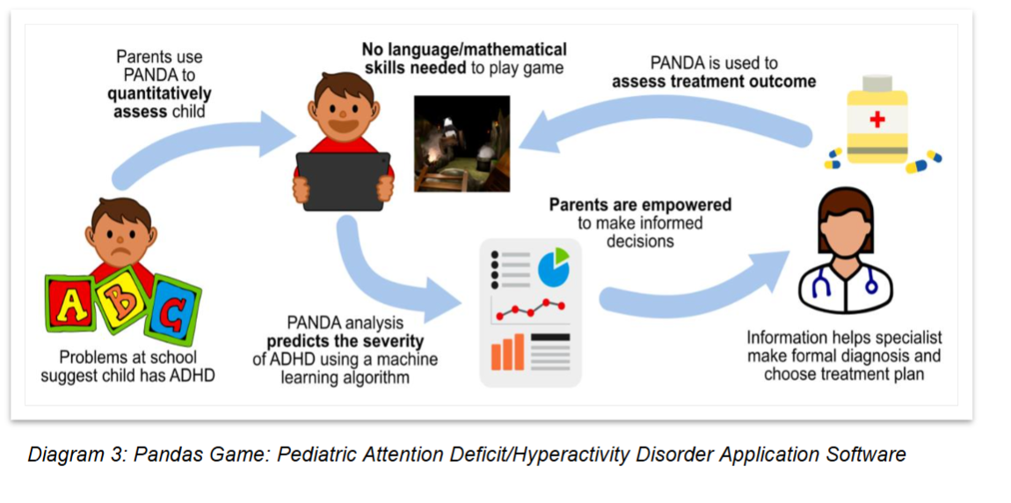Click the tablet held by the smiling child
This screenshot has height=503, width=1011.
click(343, 180)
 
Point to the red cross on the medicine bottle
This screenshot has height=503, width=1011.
click(876, 120)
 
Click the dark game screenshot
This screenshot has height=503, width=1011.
click(462, 142)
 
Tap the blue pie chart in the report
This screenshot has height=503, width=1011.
click(553, 266)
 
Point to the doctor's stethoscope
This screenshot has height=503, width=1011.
click(844, 281)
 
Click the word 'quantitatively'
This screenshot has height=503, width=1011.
click(159, 93)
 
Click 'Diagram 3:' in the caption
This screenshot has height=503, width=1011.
click(76, 455)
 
